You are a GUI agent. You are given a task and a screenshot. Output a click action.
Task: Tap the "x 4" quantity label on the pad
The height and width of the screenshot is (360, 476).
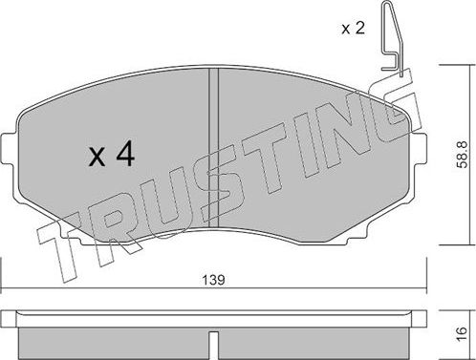[x=111, y=157]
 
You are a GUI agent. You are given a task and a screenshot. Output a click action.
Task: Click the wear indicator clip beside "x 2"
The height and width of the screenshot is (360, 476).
[x=391, y=38]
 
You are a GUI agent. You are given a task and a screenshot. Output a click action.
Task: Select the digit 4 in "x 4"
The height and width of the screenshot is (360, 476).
[x=124, y=157]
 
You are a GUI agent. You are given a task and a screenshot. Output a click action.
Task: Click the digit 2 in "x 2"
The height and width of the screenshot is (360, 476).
[x=359, y=27]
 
